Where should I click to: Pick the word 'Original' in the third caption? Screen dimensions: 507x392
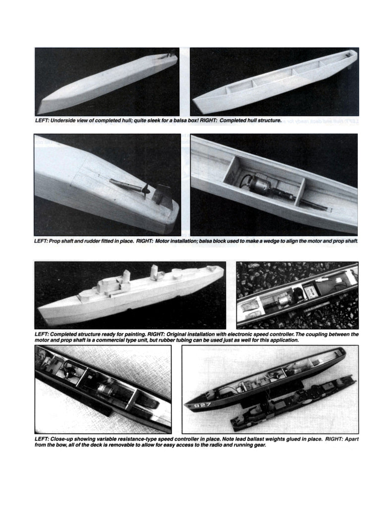pos(200,335)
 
